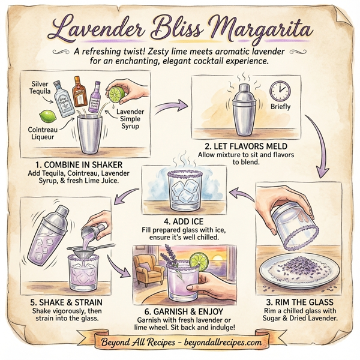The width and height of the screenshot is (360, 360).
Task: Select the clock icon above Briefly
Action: [279, 91]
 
